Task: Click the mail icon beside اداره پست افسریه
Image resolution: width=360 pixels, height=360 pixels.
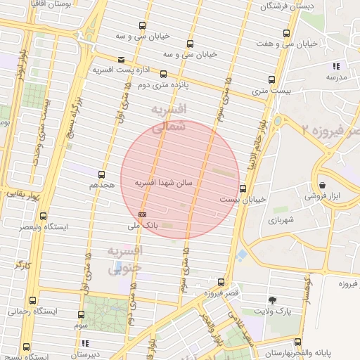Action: click(x=122, y=60)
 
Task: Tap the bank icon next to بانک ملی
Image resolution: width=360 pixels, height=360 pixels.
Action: click(x=143, y=214)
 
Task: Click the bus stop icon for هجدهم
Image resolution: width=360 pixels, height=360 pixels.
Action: click(x=101, y=174)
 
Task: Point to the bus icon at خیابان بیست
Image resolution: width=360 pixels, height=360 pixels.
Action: click(x=243, y=188)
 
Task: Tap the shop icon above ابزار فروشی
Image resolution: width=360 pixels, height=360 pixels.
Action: click(x=322, y=185)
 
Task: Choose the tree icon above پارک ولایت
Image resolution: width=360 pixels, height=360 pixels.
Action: click(x=272, y=299)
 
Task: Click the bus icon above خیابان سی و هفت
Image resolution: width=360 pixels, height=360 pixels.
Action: click(x=285, y=33)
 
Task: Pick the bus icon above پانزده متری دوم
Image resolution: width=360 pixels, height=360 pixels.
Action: click(x=163, y=73)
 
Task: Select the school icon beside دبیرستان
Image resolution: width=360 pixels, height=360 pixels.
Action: click(x=85, y=343)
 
